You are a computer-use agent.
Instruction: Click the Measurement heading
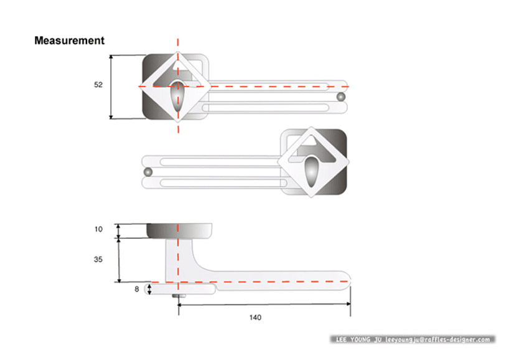click(69, 40)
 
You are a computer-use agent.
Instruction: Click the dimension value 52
click(98, 85)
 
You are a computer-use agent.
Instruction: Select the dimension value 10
click(98, 229)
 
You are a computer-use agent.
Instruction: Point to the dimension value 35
click(98, 260)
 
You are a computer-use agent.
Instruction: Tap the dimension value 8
click(137, 289)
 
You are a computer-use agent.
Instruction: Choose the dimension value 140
click(255, 318)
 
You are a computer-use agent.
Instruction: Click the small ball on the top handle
click(341, 97)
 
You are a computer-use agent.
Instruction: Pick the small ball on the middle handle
click(148, 172)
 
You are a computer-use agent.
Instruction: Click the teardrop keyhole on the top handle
click(177, 96)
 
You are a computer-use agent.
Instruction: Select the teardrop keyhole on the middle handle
click(312, 172)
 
